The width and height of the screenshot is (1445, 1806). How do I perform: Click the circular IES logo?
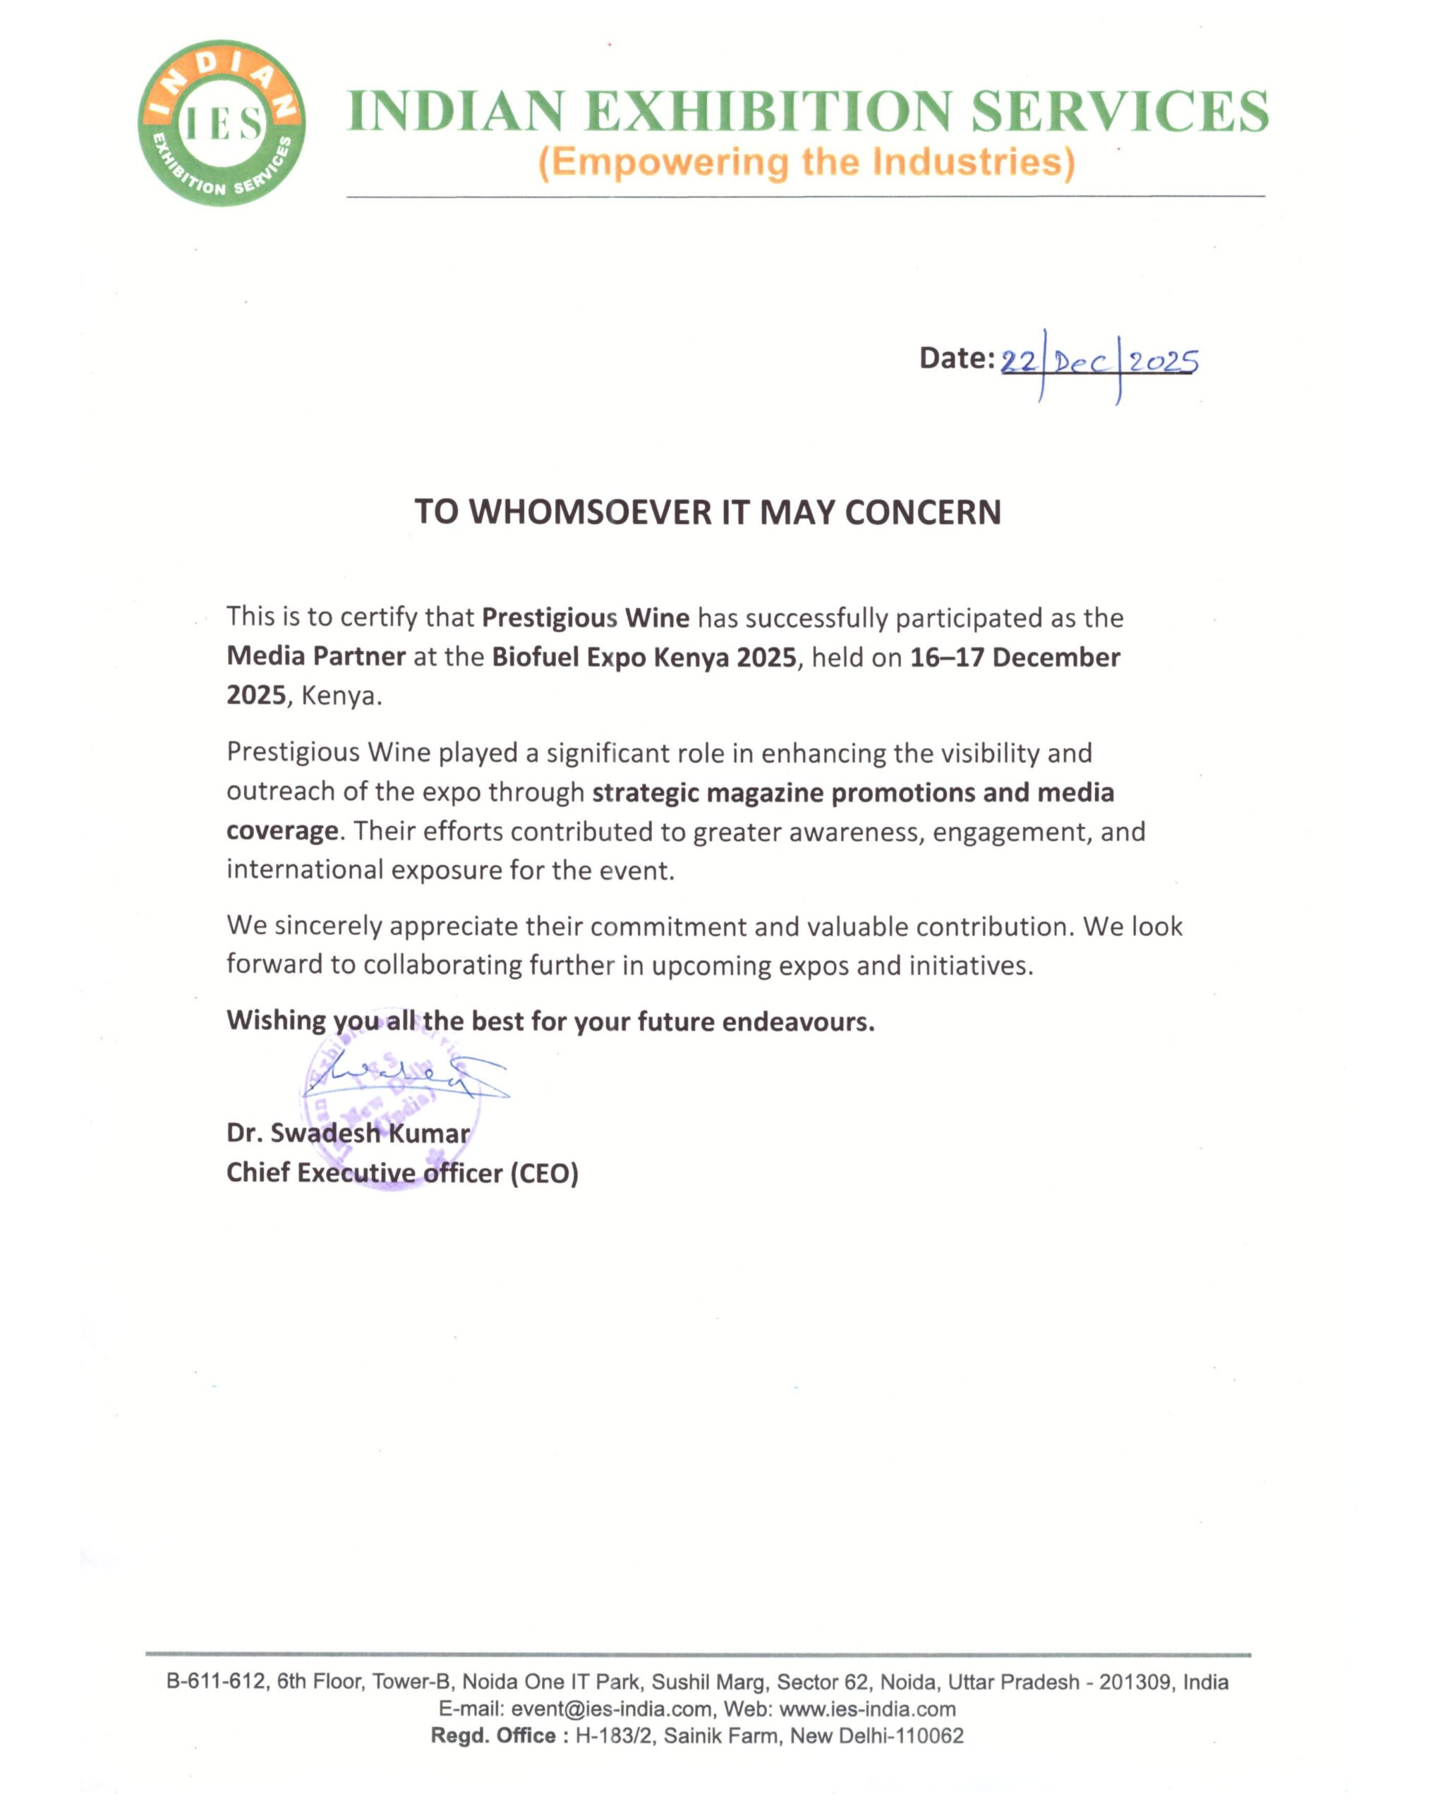coord(221,123)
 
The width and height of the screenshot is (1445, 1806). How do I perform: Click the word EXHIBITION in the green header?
coord(768,112)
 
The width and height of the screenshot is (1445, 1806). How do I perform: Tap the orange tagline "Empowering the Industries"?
coord(806,162)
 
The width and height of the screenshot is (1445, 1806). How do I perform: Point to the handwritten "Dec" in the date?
coord(1081,363)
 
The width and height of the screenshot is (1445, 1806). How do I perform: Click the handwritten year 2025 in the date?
coord(1163,362)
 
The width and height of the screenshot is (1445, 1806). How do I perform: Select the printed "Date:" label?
coord(957,358)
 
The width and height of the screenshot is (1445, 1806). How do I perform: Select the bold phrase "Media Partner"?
coord(316,657)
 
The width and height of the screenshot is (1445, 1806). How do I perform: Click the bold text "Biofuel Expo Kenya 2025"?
coord(643,657)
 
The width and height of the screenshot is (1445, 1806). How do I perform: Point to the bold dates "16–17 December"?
coord(1015,657)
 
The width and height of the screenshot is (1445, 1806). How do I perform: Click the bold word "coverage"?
coord(282,831)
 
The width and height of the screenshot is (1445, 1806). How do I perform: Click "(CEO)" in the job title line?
coord(545,1172)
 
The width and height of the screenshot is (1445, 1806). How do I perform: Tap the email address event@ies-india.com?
coord(611,1709)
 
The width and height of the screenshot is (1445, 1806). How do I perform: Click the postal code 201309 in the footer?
coord(1135,1683)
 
